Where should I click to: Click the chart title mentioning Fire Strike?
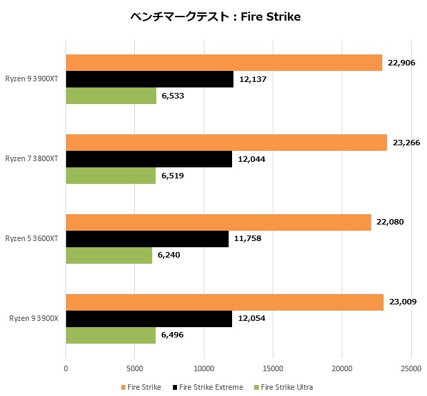(x=216, y=17)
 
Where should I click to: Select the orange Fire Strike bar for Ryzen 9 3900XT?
(x=224, y=63)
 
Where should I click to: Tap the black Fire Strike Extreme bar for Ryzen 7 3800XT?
(x=149, y=159)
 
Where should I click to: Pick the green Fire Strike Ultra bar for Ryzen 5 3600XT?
(x=109, y=256)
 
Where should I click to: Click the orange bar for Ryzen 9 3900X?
(x=225, y=302)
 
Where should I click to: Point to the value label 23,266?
(x=407, y=143)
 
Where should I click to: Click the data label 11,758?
(x=248, y=239)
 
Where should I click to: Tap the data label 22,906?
(x=402, y=63)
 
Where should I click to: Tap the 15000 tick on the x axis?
(x=273, y=368)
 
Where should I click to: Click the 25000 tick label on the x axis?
(x=411, y=368)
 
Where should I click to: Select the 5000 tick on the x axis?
(x=135, y=368)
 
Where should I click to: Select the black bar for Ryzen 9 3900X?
(x=149, y=319)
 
